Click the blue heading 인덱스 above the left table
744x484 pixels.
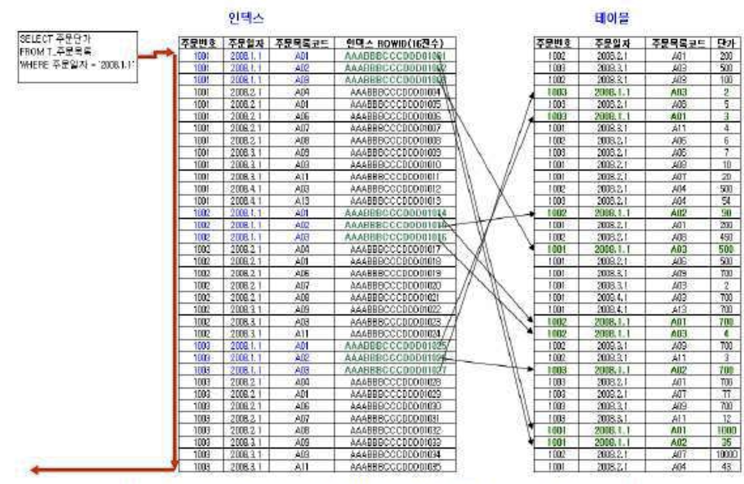pos(246,18)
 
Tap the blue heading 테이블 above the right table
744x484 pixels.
pos(612,18)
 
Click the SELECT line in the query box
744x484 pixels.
pos(55,39)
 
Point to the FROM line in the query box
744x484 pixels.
pos(55,52)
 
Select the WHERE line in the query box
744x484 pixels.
pos(77,65)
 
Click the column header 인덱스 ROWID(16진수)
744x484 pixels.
pos(395,44)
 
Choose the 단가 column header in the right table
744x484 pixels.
pos(726,44)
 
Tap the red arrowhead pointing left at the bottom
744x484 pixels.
pos(34,470)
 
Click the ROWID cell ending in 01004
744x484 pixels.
pos(395,92)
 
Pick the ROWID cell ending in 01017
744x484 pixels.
pos(395,249)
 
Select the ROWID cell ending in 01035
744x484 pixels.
pos(395,467)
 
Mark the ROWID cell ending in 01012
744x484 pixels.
pos(395,189)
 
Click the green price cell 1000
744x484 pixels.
pos(726,430)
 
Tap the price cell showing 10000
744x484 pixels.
pos(726,454)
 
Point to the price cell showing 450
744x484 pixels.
pos(726,238)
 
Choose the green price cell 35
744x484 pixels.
pos(726,442)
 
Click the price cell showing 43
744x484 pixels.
pos(726,467)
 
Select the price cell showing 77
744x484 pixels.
pos(726,394)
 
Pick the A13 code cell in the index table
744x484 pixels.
pos(302,201)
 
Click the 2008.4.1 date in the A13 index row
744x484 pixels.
pos(245,201)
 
